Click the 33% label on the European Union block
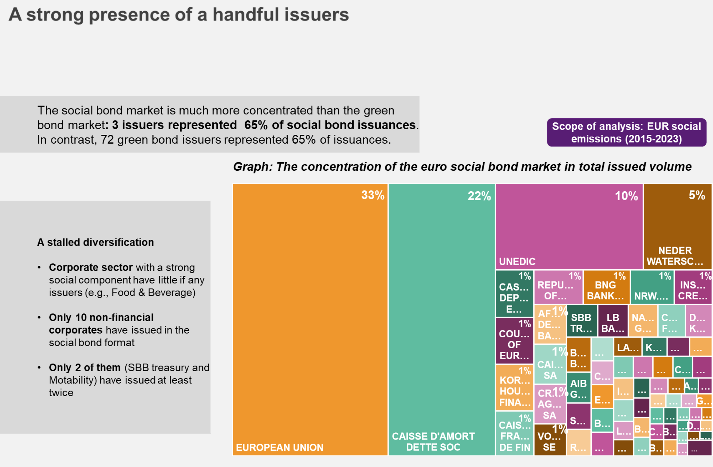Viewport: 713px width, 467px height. (373, 195)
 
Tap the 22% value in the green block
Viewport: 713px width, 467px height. (479, 196)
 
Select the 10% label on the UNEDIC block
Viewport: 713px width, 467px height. (626, 196)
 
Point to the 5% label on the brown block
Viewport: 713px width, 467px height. (697, 195)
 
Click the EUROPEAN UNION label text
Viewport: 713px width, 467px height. (280, 448)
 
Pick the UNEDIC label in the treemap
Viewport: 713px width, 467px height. (517, 262)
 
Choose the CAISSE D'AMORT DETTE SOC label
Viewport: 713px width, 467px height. (433, 442)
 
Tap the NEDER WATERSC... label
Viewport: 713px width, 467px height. (675, 256)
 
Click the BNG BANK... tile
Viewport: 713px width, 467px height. (606, 290)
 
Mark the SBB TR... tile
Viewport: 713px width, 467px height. (581, 323)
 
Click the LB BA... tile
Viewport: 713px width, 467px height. (613, 323)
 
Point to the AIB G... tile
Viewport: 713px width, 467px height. (578, 389)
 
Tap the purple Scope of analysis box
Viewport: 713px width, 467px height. (626, 132)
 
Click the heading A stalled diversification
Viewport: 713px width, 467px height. (95, 242)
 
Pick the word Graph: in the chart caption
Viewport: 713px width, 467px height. (252, 167)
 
